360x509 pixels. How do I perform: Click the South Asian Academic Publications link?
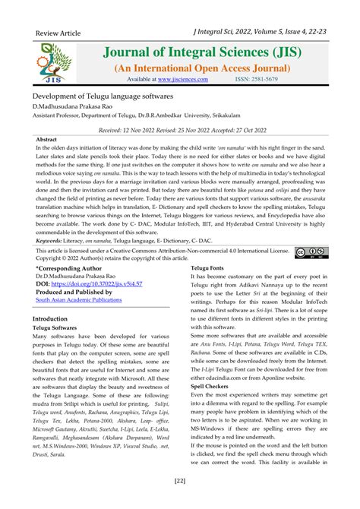coord(78,300)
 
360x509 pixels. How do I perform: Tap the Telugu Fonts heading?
coord(207,269)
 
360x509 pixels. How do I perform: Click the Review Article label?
coord(59,34)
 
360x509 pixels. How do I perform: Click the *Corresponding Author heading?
coord(68,268)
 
